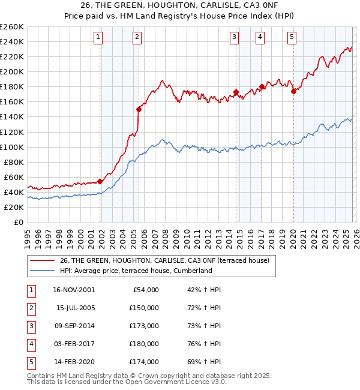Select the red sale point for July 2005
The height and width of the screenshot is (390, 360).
coord(139,109)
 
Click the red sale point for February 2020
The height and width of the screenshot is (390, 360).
coord(293,91)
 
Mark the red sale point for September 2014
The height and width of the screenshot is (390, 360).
coord(236,92)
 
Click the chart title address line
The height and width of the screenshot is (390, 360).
coord(181,6)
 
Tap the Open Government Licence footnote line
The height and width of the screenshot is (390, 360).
coord(127,382)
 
